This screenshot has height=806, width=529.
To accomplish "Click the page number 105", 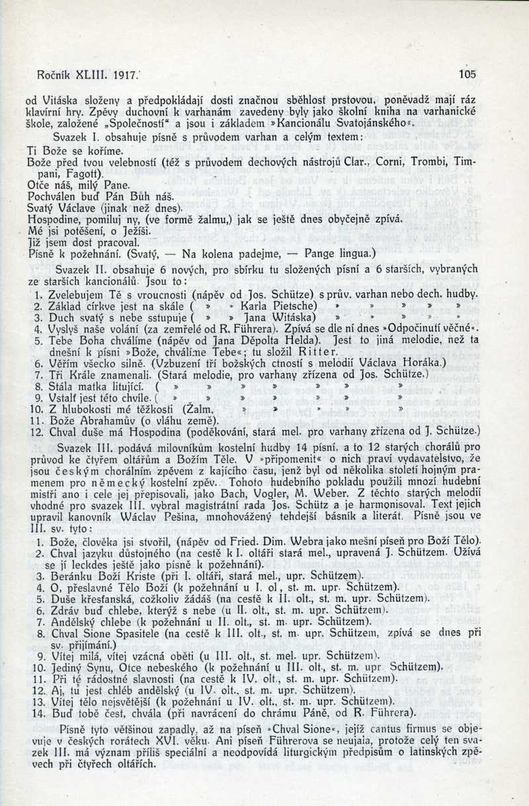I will point(466,74).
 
